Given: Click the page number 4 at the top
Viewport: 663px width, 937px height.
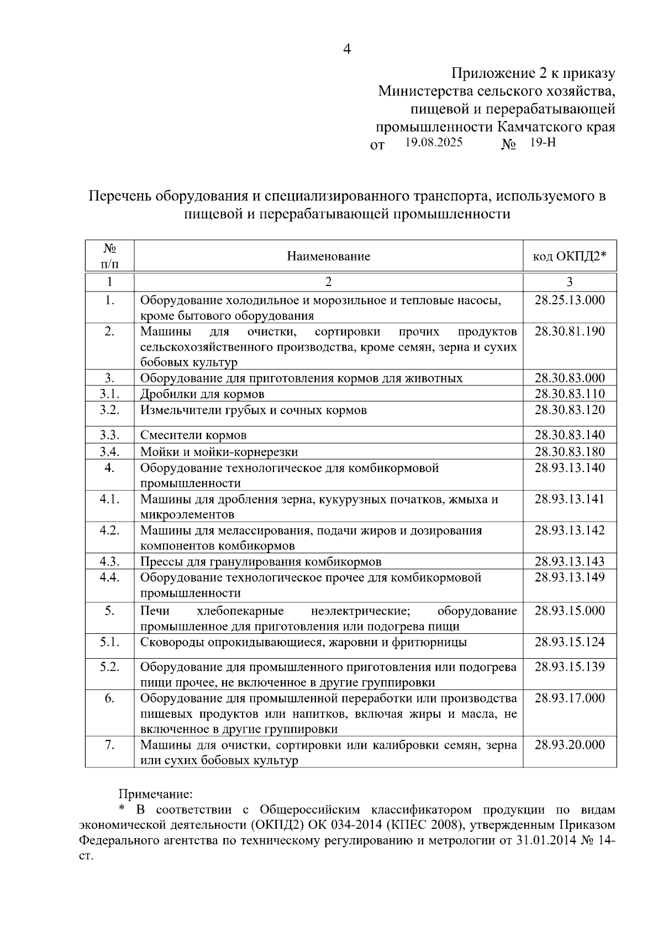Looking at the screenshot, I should [x=346, y=49].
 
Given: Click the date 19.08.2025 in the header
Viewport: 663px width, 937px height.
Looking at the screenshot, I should [x=434, y=142].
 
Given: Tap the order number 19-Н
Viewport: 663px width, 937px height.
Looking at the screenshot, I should [x=543, y=142].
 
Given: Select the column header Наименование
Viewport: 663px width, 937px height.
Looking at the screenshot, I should [x=328, y=256].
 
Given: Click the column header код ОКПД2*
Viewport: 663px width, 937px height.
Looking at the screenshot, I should [x=569, y=256].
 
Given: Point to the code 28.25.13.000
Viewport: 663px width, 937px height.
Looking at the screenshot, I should [x=570, y=300].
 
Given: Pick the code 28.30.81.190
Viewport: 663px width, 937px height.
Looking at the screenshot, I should [x=570, y=331].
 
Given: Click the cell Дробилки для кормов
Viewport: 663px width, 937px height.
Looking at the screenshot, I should [x=202, y=394].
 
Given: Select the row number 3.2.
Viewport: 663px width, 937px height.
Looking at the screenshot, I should [x=109, y=410].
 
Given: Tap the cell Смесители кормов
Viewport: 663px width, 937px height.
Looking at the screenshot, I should [x=193, y=435].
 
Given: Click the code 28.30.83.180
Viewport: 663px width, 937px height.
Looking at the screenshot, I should [x=570, y=452].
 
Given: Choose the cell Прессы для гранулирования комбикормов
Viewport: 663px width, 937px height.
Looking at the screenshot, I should [x=261, y=562].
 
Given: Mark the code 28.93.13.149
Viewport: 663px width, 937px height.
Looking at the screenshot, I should [x=570, y=578].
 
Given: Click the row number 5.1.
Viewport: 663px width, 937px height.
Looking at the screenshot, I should [x=109, y=642].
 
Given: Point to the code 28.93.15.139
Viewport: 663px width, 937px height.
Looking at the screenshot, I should [x=570, y=666].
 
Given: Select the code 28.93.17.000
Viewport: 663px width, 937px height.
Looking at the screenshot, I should [x=570, y=698].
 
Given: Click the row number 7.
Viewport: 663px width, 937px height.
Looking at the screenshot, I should [x=109, y=745].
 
